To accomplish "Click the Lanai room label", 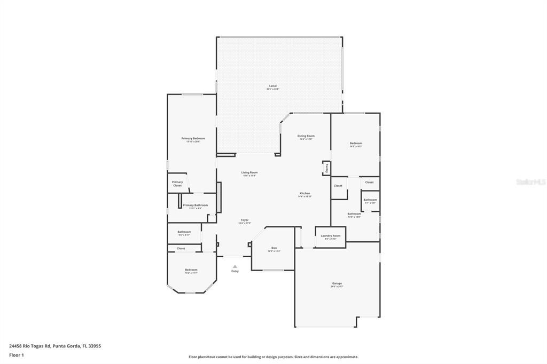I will (x=272, y=86).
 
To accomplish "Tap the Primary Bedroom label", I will (x=193, y=138).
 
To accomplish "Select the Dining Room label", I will (x=306, y=136).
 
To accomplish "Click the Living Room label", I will (x=249, y=172).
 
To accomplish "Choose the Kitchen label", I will (x=304, y=193).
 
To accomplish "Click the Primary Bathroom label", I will (x=195, y=205).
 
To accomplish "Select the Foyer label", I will (x=244, y=220).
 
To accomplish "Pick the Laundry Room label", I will (x=330, y=235).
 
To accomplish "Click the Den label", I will (x=274, y=248).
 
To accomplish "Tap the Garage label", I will (x=337, y=283).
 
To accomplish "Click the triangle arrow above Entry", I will (x=235, y=266).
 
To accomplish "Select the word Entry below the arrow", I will (x=235, y=272).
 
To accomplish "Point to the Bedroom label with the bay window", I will (x=191, y=270).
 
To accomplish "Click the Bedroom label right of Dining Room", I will (x=356, y=143).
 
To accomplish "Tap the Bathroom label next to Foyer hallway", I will (x=184, y=232).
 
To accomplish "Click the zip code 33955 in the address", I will (x=94, y=346).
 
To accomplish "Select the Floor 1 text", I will (x=16, y=355).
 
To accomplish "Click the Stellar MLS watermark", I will (x=530, y=182).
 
